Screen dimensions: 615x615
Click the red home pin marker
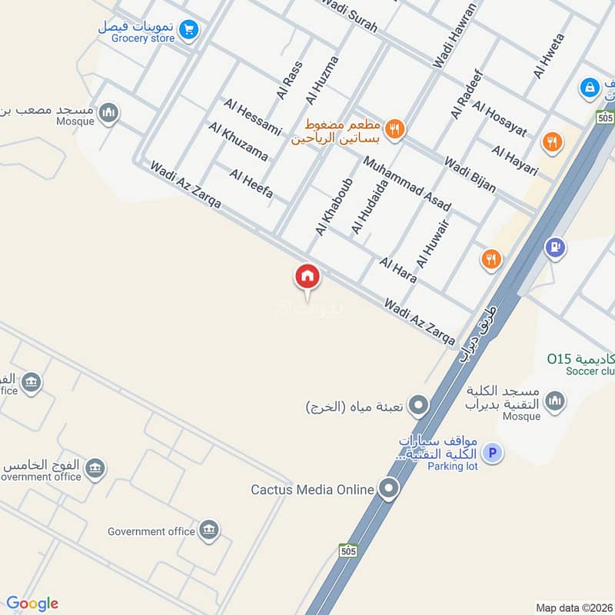coord(307,277)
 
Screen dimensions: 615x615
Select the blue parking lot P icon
coord(493,454)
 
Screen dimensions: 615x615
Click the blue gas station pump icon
coord(555,248)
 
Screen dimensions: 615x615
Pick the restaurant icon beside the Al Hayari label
coord(551,141)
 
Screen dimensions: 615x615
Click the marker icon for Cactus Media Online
coord(389,488)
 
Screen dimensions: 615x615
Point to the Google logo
coord(32,603)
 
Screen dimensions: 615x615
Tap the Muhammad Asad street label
coord(407,184)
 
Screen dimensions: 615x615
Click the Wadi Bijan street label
coord(470,175)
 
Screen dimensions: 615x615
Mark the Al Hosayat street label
coord(500,119)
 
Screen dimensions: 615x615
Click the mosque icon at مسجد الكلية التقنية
coord(554,401)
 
